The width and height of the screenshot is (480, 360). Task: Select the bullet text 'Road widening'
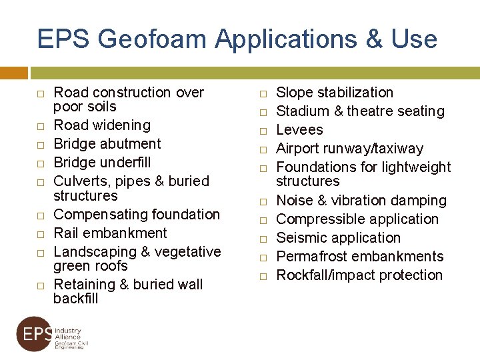coord(102,125)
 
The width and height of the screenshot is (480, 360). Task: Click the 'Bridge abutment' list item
coord(107,144)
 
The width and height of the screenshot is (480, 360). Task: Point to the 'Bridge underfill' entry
coord(102,163)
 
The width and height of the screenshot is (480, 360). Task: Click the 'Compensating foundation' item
coord(137,215)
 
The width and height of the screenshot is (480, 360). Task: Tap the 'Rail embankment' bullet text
coord(110,233)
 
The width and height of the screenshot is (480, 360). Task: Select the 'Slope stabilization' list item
coord(335,93)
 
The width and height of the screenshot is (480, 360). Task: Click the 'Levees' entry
coord(299,130)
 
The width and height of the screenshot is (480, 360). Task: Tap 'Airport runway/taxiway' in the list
coord(349,149)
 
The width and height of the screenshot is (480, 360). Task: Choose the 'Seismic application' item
coord(338,238)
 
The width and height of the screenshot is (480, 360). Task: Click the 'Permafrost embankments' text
coord(359,257)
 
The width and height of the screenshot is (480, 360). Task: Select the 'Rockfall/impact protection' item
coord(359,275)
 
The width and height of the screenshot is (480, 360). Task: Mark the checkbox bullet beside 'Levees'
coord(263,131)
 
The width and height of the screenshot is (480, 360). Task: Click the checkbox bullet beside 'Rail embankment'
coord(41,234)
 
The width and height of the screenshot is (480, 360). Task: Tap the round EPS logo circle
coord(34,333)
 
